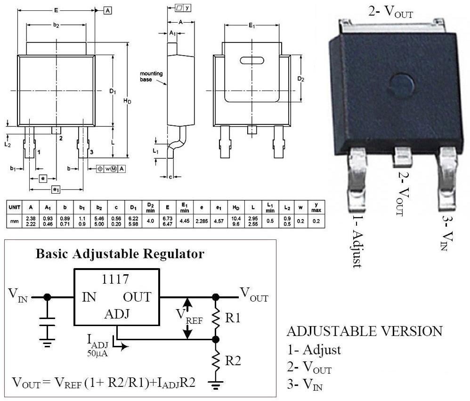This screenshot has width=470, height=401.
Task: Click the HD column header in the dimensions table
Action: (236, 207)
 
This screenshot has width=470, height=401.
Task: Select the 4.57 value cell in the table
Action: (219, 221)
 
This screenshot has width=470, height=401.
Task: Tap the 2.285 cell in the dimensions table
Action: (202, 221)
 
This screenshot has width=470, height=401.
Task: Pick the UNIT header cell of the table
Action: (15, 207)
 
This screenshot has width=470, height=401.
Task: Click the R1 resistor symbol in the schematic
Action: (216, 319)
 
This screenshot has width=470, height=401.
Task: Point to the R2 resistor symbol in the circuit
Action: (216, 361)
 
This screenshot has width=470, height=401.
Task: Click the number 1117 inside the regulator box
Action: (115, 279)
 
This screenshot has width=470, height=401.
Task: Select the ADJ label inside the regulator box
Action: (117, 314)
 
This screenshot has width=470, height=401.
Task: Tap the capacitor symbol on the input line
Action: (47, 321)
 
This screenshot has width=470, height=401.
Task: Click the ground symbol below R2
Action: (216, 385)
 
